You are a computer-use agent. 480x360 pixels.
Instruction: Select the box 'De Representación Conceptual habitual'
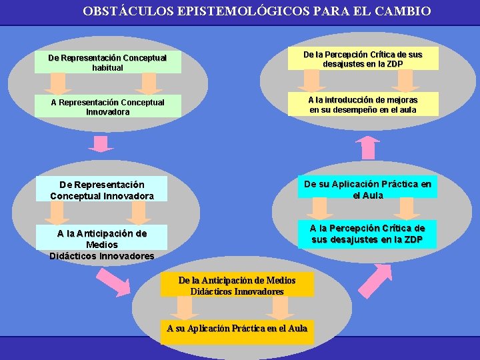pyautogui.click(x=107, y=63)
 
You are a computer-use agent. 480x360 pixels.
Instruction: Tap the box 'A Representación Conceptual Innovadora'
pyautogui.click(x=107, y=107)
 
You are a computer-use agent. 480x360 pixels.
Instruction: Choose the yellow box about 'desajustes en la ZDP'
pyautogui.click(x=363, y=59)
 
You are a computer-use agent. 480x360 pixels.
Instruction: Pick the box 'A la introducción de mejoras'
pyautogui.click(x=363, y=104)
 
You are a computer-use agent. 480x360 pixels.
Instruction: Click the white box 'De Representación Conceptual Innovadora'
pyautogui.click(x=102, y=190)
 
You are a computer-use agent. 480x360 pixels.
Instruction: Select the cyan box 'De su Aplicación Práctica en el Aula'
pyautogui.click(x=368, y=189)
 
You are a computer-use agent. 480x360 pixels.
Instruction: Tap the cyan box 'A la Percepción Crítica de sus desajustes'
pyautogui.click(x=367, y=234)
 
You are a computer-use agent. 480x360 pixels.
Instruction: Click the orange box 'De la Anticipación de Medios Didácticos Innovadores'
pyautogui.click(x=237, y=285)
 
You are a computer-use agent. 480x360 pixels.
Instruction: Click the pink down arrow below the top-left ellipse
pyautogui.click(x=101, y=143)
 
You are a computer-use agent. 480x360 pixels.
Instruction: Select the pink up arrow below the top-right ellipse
pyautogui.click(x=367, y=148)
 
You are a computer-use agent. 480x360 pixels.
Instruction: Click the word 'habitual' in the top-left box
pyautogui.click(x=107, y=67)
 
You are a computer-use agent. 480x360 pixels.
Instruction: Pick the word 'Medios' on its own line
pyautogui.click(x=102, y=245)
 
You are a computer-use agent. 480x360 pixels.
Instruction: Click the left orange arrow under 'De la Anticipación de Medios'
pyautogui.click(x=183, y=307)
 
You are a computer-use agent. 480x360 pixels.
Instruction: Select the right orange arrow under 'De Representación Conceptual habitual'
pyautogui.click(x=148, y=83)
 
